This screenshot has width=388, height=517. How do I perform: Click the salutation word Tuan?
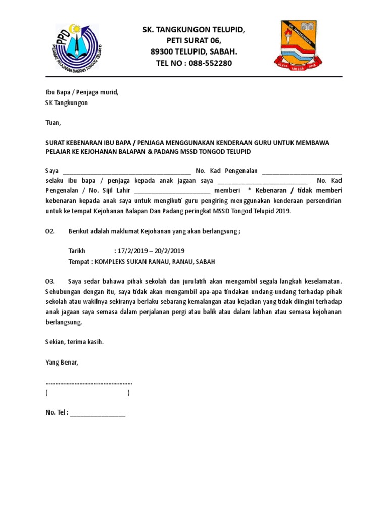click(53, 123)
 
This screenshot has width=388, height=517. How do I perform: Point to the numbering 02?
click(50, 231)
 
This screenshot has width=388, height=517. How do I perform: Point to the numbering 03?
click(50, 280)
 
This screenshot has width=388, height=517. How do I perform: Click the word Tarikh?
click(77, 251)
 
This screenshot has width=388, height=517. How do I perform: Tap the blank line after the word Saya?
click(127, 172)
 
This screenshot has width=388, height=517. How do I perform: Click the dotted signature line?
click(89, 383)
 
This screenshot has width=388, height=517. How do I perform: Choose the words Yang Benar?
click(62, 362)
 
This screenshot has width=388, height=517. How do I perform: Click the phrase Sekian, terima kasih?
click(74, 342)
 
